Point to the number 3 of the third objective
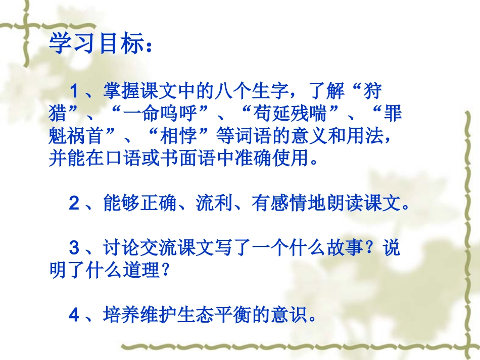[x=74, y=248]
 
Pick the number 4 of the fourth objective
[x=74, y=315]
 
